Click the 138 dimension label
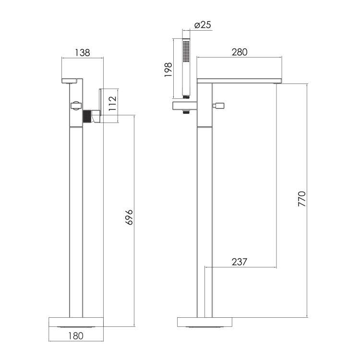tap(83, 53)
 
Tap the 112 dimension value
tap(112, 103)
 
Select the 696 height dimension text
tap(129, 217)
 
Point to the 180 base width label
tap(76, 336)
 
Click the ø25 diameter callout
tap(203, 25)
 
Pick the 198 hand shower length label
tap(168, 70)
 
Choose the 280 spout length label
tap(240, 52)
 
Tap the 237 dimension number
tap(240, 262)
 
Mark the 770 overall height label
tap(302, 199)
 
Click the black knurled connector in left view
tap(87, 117)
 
